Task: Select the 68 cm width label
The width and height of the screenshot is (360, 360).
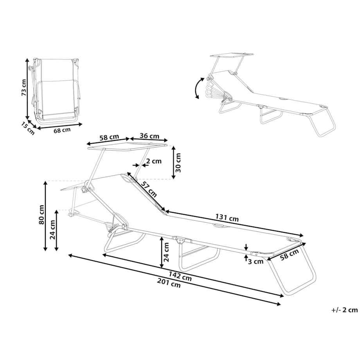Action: pyautogui.click(x=62, y=130)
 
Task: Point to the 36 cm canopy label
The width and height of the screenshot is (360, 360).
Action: pyautogui.click(x=149, y=136)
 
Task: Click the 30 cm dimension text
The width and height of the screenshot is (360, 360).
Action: pyautogui.click(x=179, y=162)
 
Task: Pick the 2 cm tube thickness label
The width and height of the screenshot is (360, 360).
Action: pyautogui.click(x=153, y=161)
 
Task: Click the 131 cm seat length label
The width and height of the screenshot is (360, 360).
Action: pyautogui.click(x=227, y=219)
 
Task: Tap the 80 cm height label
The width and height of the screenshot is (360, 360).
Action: pyautogui.click(x=41, y=215)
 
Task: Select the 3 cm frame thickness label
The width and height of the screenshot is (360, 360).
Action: pyautogui.click(x=256, y=262)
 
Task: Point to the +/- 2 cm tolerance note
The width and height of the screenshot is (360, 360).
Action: pyautogui.click(x=344, y=310)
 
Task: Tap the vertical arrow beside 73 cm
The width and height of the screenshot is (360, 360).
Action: pyautogui.click(x=27, y=88)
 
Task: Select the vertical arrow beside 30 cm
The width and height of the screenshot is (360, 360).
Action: pyautogui.click(x=174, y=162)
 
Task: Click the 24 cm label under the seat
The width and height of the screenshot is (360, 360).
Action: pyautogui.click(x=167, y=252)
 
